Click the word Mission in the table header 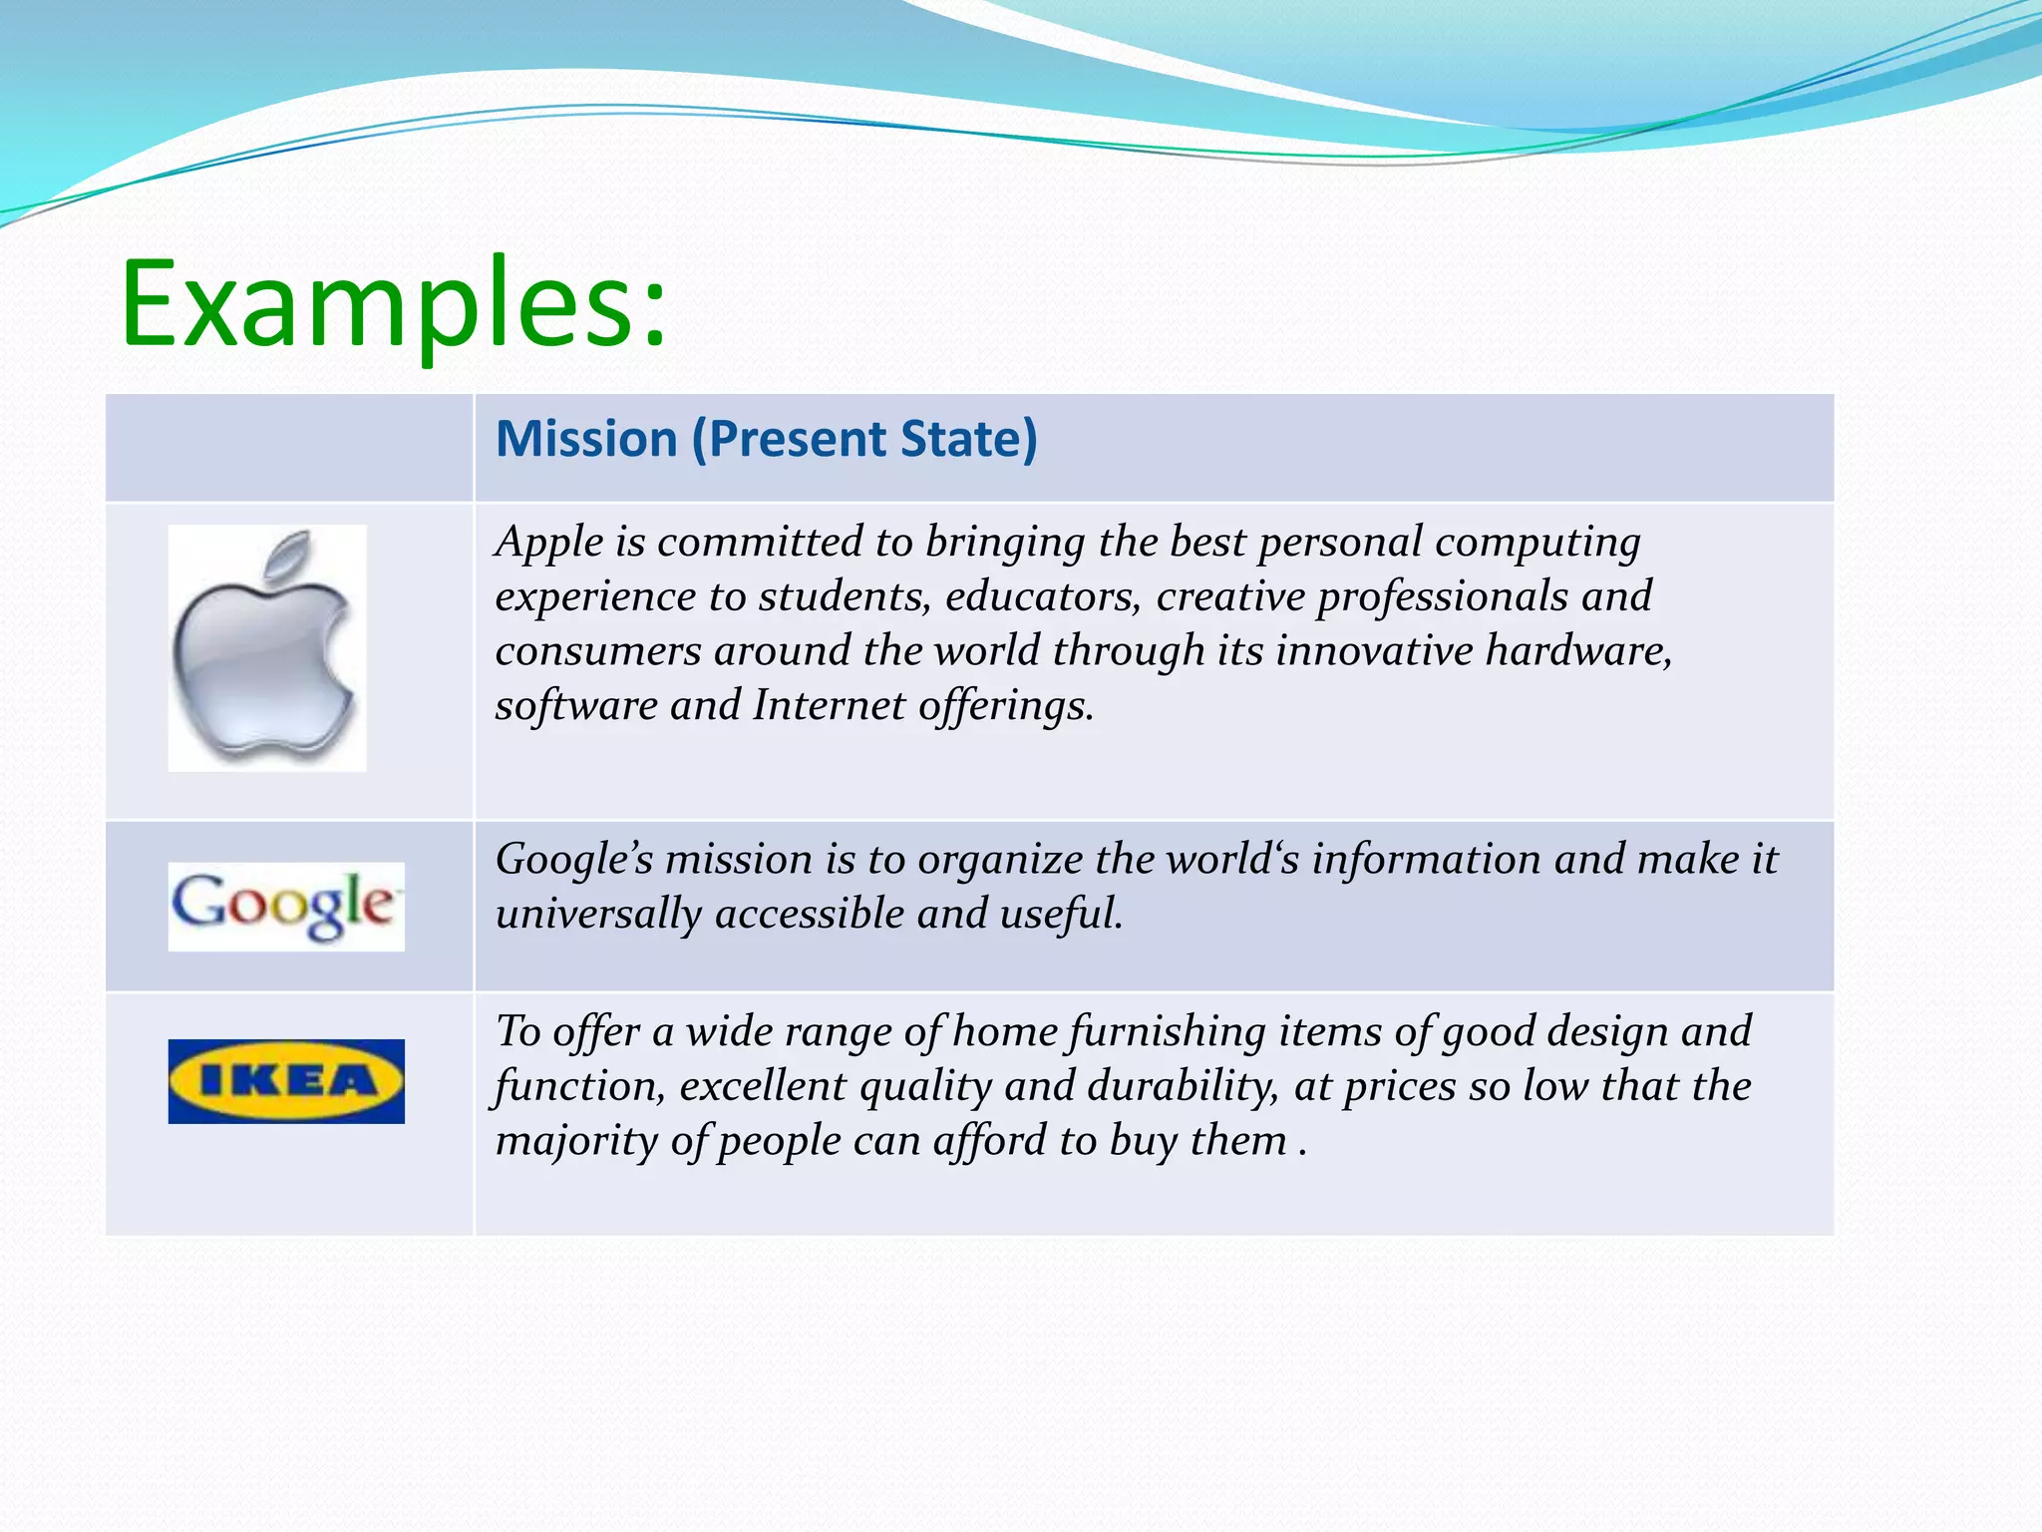586,439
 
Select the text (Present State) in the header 864,439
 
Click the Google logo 286,906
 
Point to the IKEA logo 286,1081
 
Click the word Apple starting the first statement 549,543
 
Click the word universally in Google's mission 598,915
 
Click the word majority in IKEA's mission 576,1141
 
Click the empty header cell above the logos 289,447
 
